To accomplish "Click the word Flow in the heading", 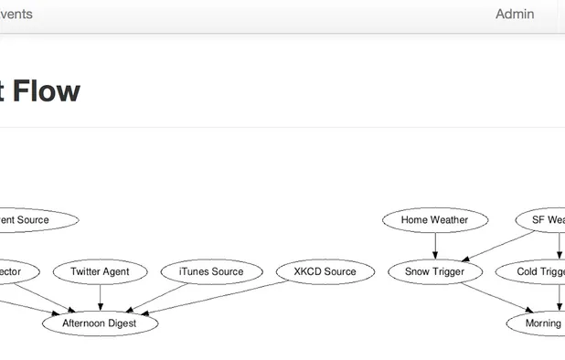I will coord(46,91).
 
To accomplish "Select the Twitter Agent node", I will coord(100,271).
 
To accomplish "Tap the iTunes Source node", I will coord(211,271).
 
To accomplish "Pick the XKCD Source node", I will coord(325,271).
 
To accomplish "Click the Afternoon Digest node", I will coord(100,323).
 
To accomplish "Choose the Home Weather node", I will coord(434,220).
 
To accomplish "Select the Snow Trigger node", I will coord(434,271).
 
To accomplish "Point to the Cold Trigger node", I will coord(535,271).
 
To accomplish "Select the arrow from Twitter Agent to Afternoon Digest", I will coord(100,297).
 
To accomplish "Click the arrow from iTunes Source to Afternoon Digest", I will coord(160,296).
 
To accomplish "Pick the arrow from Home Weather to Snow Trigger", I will coord(434,246).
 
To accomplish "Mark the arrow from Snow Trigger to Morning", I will coord(494,298).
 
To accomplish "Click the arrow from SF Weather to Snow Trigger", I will coord(498,245).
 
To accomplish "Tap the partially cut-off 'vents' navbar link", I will coord(16,14).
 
